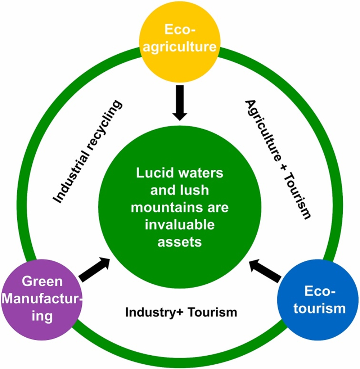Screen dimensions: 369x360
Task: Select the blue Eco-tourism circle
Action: [x=319, y=299]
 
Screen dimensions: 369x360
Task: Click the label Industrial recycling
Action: [x=88, y=152]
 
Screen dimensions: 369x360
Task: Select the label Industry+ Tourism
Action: [x=181, y=312]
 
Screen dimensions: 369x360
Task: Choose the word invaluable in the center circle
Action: [x=180, y=225]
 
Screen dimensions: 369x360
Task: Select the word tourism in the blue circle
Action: [x=319, y=308]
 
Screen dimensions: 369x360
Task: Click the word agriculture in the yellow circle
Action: [x=179, y=46]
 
